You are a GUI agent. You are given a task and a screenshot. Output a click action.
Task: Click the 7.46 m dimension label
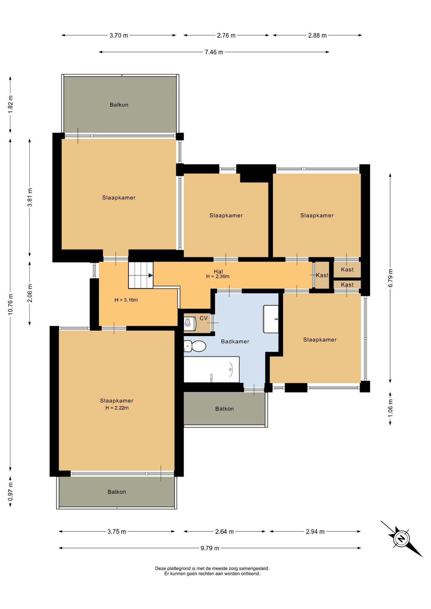pos(214,52)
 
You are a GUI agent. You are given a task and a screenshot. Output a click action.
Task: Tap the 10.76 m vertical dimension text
pos(10,304)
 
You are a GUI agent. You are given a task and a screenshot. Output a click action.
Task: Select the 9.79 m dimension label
pos(210,548)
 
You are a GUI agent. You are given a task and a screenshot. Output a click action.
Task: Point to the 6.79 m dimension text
pos(390,278)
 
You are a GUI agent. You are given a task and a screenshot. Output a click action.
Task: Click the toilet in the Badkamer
pos(195,346)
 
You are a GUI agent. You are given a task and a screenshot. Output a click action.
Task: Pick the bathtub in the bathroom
pos(212,370)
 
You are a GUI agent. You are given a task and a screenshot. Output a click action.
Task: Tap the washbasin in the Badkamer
pos(271,319)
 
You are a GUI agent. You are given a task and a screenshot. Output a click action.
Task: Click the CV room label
pos(204,318)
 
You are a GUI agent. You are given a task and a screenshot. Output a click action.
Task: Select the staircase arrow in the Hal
pos(150,275)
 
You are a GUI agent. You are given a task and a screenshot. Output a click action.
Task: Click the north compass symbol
pos(401,539)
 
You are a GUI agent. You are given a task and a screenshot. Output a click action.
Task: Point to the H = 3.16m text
pos(126,300)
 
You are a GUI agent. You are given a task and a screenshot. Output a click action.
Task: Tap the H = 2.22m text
pos(117,408)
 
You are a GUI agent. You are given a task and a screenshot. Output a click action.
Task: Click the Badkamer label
pos(235,342)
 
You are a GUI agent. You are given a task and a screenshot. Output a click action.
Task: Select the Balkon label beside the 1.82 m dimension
pos(119,105)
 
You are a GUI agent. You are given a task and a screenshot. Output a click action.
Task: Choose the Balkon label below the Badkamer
pos(224,409)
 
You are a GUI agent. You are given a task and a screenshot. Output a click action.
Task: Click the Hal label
pos(218,272)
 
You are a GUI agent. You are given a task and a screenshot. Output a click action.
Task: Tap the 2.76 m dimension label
pos(226,36)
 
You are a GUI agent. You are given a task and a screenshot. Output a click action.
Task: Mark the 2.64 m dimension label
pos(224,532)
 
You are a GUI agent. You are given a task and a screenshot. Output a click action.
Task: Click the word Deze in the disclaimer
pos(161,568)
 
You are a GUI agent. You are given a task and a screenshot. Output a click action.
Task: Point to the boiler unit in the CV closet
pos(190,323)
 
